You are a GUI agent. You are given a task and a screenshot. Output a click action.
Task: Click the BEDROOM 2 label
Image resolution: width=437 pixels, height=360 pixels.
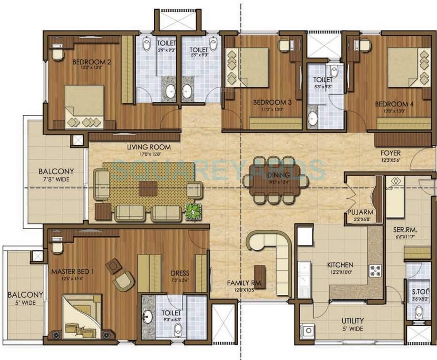(91, 61)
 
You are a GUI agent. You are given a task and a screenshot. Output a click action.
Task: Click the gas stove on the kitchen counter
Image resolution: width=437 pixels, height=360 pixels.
(375, 270)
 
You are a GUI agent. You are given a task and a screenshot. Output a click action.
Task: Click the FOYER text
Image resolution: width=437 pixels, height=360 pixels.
(390, 153)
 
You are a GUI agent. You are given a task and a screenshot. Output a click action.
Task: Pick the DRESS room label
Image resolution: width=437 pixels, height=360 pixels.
(180, 273)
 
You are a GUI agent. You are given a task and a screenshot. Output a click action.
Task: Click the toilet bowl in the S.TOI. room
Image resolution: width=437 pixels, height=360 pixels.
(419, 311)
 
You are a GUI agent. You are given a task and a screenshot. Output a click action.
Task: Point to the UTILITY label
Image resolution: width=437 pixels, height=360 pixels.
(353, 321)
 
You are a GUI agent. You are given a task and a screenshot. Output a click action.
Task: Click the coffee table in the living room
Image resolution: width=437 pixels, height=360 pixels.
(148, 188)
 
